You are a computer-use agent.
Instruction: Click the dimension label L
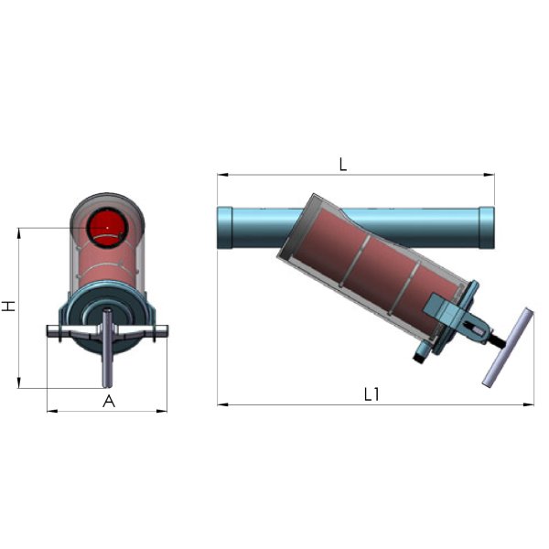[x=343, y=164]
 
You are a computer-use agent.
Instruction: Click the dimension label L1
[x=371, y=394]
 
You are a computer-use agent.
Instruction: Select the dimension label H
[x=9, y=306]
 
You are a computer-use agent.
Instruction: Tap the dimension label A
[x=109, y=402]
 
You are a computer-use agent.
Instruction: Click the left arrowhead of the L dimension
[x=222, y=175]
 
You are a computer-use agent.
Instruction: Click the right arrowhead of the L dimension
[x=489, y=175]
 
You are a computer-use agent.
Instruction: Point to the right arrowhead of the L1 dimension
[x=528, y=404]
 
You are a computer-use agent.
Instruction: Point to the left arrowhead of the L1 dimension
[x=222, y=404]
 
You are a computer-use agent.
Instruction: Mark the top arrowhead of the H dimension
[x=19, y=233]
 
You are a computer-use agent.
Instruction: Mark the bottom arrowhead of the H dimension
[x=19, y=382]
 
